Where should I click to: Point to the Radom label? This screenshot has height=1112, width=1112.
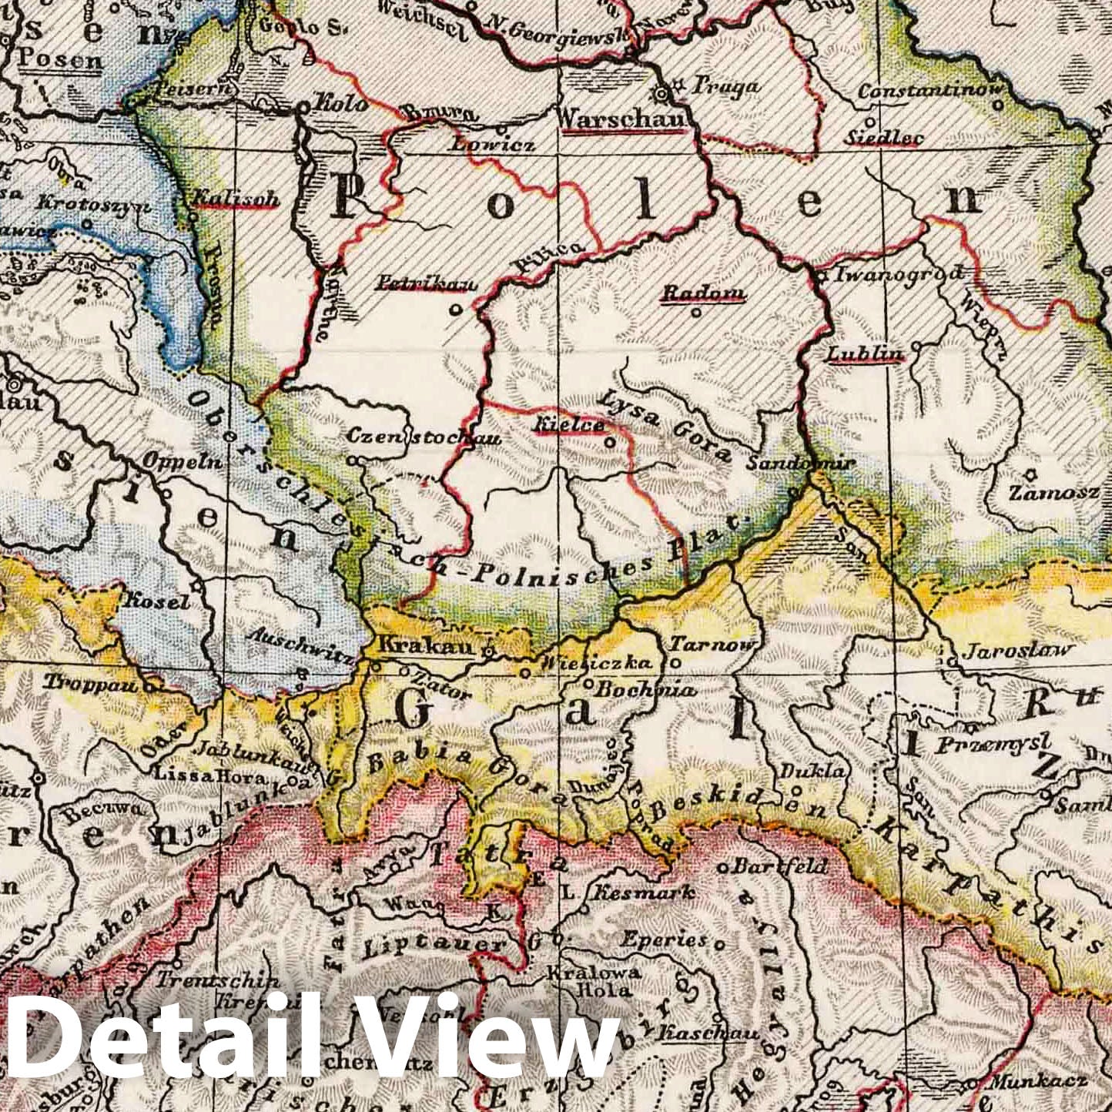703,293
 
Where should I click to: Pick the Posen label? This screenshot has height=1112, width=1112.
60,59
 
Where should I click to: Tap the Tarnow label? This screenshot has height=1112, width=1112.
715,645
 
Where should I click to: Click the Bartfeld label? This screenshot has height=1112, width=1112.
780,866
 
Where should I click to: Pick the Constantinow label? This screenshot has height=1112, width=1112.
930,91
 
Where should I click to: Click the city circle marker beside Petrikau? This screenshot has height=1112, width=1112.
455,310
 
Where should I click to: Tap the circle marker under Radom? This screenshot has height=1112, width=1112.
695,313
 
